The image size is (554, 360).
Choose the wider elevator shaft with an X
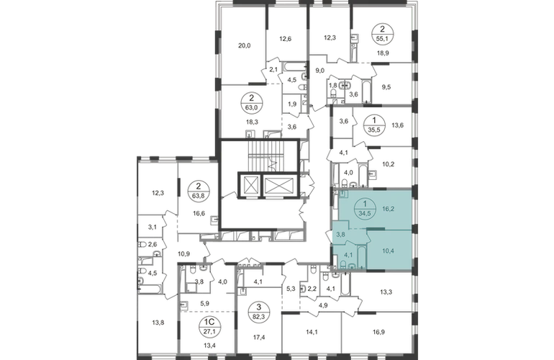tap(276, 186)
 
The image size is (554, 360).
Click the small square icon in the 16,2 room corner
tap(344, 194)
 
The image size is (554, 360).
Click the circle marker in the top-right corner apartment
tap(379, 33)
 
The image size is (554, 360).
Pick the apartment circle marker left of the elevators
tap(197, 192)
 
